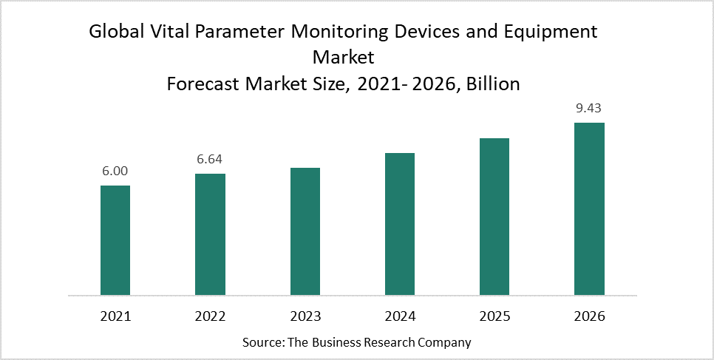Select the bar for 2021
coord(115,240)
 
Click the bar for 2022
coord(210,234)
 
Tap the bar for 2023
coord(305,231)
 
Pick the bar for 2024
coord(400,224)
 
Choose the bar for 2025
coord(494,217)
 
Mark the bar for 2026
coord(589,208)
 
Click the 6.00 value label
coord(115,171)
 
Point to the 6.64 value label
coord(210,159)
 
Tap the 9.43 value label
coord(589,108)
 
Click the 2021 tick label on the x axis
coord(115,316)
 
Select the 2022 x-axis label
coord(210,316)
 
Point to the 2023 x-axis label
coord(305,316)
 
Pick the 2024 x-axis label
coord(400,316)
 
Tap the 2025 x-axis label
coord(494,316)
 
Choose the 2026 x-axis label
coord(589,316)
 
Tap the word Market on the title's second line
coord(343,58)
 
